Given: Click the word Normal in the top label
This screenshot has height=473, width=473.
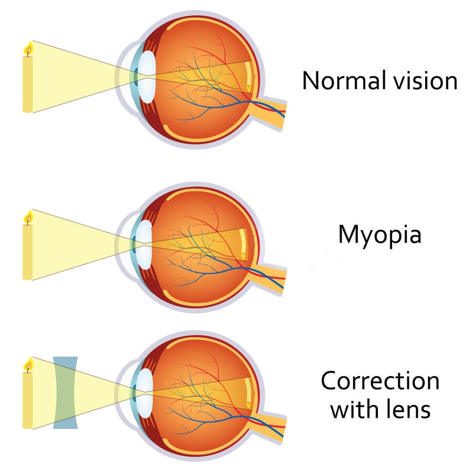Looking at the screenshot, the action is coord(344,80).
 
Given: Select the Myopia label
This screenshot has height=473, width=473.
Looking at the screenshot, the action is coord(380,236).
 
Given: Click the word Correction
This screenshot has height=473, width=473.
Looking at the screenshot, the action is coord(380,381).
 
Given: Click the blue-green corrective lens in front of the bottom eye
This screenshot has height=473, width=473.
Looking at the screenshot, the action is coord(65,393).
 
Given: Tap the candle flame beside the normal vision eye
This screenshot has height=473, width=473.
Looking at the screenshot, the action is coord(28,49).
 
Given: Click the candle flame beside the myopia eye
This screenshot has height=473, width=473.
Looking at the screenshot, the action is coord(28,218).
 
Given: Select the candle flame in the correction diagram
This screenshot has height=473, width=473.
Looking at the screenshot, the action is coord(28,365).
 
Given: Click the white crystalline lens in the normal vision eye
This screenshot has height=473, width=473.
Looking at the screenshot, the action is coord(147,77).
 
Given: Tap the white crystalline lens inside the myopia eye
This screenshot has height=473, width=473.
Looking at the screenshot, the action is coord(144,245).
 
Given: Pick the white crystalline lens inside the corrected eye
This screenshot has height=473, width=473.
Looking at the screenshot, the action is coord(145,393).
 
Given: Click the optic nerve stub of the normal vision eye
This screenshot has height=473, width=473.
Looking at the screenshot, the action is coord(270,112).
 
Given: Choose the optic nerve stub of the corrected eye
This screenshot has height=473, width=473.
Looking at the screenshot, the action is coord(270,427).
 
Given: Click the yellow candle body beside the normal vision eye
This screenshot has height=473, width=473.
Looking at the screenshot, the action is coord(28,84).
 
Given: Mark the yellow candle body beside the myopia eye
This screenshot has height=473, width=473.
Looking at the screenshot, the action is coord(28,252).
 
